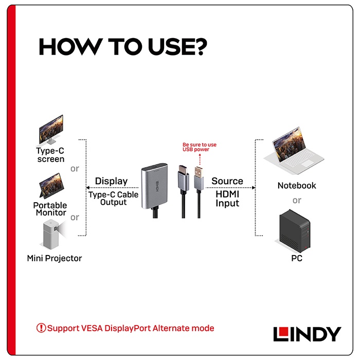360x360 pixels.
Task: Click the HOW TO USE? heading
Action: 123,47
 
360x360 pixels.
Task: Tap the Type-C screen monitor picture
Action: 51,130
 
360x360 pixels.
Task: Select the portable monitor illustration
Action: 51,186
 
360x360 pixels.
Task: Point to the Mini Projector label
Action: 55,258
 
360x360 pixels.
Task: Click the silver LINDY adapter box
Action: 154,186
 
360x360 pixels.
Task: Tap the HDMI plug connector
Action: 184,178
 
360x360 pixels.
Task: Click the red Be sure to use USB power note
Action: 200,147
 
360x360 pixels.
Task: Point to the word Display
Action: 112,181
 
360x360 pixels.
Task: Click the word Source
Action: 227,181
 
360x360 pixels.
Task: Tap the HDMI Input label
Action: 227,199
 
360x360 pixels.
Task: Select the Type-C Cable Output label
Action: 114,199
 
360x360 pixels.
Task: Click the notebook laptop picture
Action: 294,150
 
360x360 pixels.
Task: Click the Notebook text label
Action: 297,186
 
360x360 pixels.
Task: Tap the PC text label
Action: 297,258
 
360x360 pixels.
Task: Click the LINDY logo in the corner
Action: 307,334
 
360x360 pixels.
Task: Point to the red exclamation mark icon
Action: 41,328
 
